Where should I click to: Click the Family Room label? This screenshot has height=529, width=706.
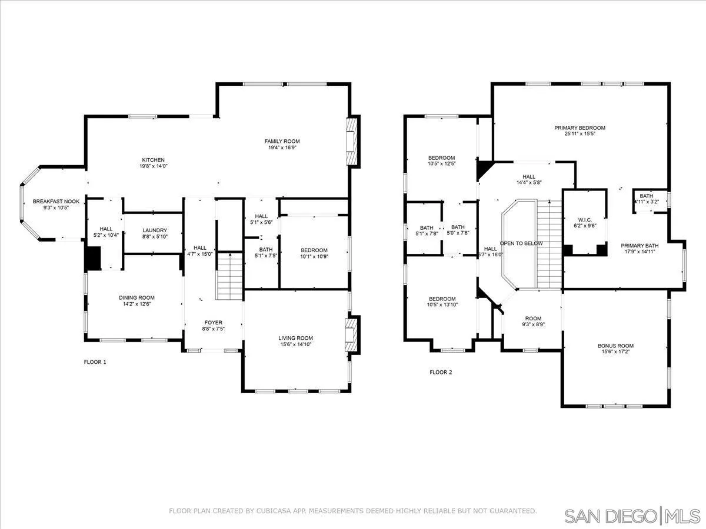coord(282,141)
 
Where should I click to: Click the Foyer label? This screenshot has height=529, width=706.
coord(213,323)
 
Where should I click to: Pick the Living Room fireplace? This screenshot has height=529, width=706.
coord(351,334)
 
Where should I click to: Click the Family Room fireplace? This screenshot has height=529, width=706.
coord(351,142)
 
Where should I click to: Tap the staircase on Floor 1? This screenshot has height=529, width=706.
coord(229,276)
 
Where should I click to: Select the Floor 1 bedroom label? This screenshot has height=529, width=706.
coord(314,250)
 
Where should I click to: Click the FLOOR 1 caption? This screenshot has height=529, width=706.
coord(95,362)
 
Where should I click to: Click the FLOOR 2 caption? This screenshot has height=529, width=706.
coord(441,372)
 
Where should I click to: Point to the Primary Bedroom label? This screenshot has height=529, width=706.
coord(580,128)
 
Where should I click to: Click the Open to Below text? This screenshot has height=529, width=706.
coord(521,243)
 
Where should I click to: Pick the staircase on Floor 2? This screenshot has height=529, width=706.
coord(550,244)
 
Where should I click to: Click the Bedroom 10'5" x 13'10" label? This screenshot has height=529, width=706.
coord(442,299)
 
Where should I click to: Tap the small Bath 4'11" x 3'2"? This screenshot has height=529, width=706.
coord(646,199)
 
